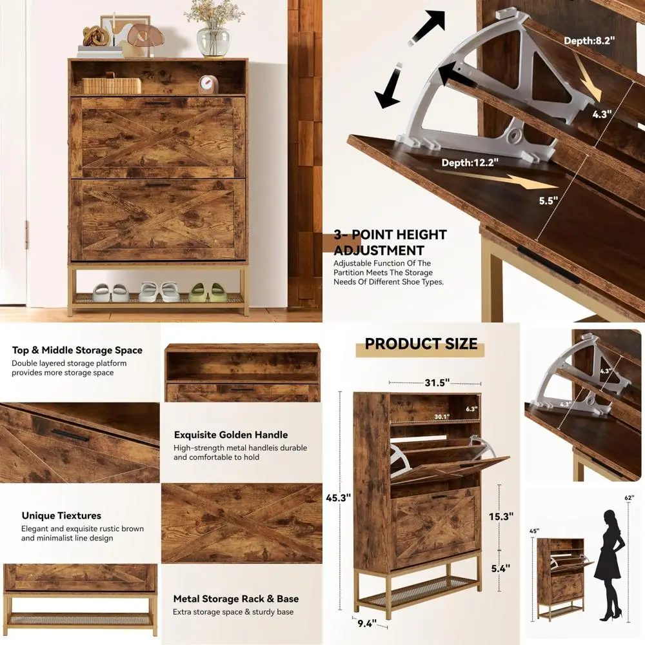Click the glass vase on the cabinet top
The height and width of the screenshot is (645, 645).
(213, 41)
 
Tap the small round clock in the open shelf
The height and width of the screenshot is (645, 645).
(208, 84)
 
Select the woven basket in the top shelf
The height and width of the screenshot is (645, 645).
(111, 85)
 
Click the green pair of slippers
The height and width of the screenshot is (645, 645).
(208, 293)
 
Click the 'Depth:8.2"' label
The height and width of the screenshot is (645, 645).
(590, 41)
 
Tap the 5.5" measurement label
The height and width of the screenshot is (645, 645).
(548, 201)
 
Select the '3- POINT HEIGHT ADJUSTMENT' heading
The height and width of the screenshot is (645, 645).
(390, 243)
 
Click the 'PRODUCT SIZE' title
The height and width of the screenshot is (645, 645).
(421, 344)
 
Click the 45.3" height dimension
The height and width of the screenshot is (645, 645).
(338, 498)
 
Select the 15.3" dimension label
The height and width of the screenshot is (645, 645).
(501, 517)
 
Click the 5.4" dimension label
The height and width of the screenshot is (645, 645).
(500, 568)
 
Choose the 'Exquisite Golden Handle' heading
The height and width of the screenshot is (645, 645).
(231, 435)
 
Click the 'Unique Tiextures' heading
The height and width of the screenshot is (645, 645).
(61, 516)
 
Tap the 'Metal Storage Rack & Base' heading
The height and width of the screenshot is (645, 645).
(235, 599)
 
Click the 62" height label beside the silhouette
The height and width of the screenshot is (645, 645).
(630, 498)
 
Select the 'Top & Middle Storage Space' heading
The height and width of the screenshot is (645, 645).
(77, 350)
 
